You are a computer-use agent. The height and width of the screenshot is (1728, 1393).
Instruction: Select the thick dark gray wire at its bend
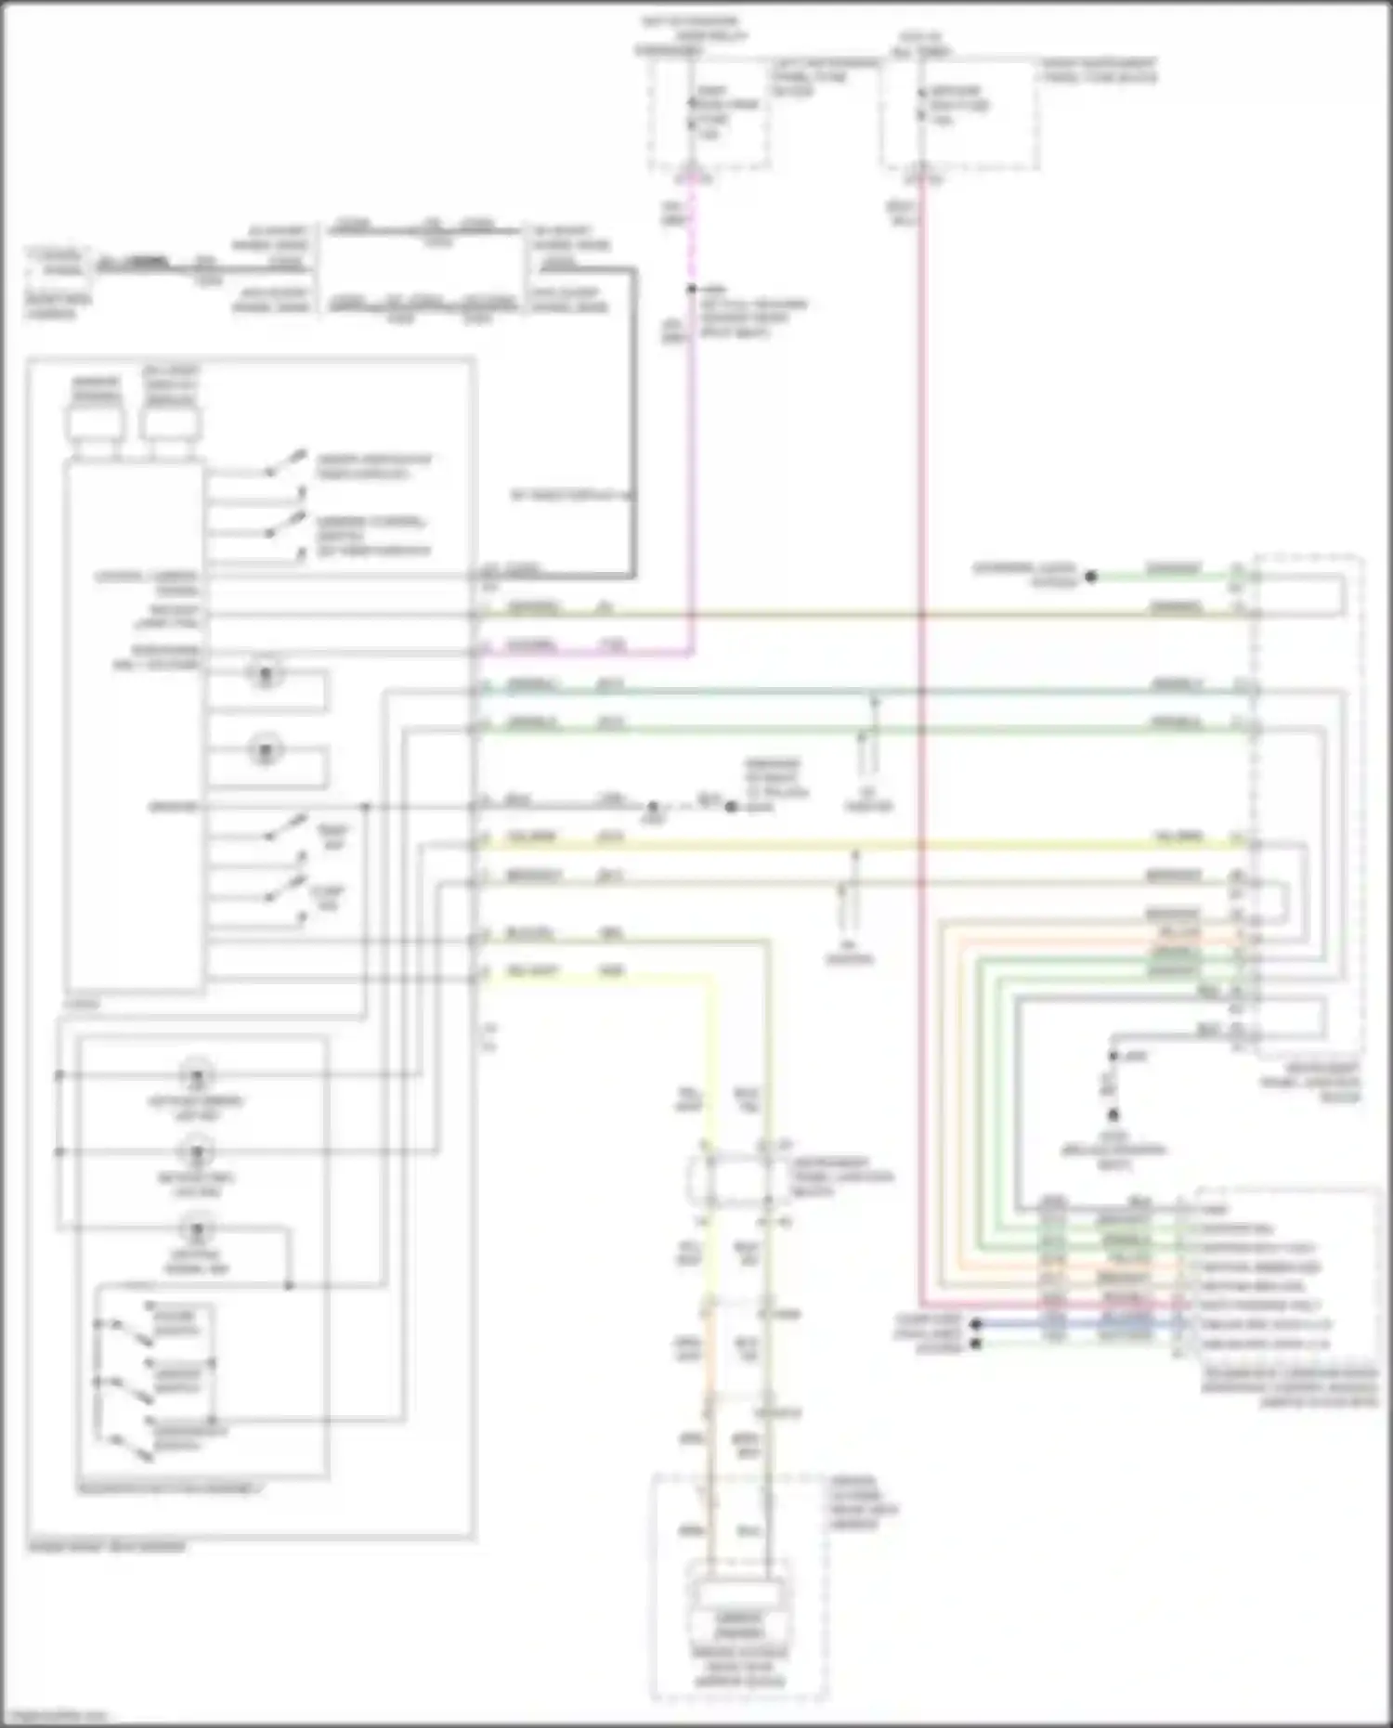click(634, 270)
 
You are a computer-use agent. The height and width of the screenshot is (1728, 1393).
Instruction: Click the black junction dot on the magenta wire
click(691, 290)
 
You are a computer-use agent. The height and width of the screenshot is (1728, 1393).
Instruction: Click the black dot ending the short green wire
click(1091, 576)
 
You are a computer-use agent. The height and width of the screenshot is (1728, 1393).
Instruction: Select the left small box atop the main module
click(95, 423)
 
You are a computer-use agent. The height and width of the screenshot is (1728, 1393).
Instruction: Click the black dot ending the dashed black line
click(731, 806)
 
